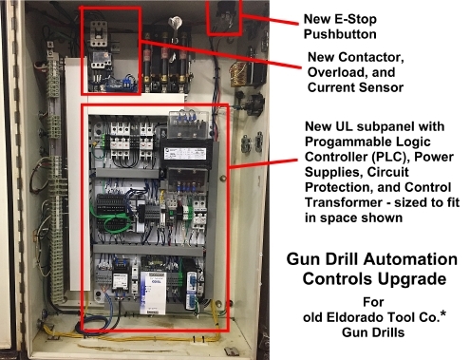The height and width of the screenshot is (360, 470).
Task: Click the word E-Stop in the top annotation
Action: [x=355, y=19]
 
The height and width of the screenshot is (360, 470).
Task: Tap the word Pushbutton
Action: [x=340, y=34]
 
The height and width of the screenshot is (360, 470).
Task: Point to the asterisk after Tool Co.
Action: [x=443, y=313]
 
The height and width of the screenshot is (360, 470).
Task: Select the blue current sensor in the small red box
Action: [x=122, y=84]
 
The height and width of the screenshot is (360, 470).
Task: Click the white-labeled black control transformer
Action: [x=186, y=154]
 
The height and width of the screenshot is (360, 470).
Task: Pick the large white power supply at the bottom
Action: [x=153, y=293]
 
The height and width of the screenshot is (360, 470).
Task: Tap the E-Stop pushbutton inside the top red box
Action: [x=224, y=16]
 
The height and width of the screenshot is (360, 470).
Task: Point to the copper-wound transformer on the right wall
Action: [x=240, y=74]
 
